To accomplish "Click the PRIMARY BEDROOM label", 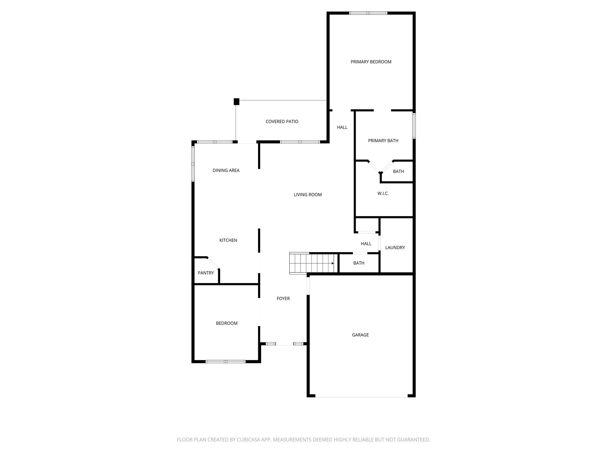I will tap(371, 62).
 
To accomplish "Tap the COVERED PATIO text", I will tap(282, 121).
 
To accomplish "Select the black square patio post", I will tap(237, 102).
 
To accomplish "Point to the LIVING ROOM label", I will tap(308, 195).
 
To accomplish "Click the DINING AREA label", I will tap(226, 170).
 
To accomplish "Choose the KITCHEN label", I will tap(228, 240).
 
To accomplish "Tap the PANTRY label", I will tap(206, 273).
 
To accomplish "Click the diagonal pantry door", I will tap(213, 263).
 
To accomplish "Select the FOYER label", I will tap(283, 299).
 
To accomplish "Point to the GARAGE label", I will tap(360, 335).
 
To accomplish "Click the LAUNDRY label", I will tap(395, 248).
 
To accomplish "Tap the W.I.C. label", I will tap(383, 193).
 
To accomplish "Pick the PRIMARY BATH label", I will tap(383, 141).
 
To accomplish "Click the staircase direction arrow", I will tap(333, 263).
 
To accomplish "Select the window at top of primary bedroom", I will tap(368, 13).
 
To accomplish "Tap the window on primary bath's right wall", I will tap(414, 126).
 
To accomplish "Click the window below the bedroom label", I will tap(226, 361).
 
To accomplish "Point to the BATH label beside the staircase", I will tap(359, 263).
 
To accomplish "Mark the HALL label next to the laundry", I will tap(366, 244).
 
